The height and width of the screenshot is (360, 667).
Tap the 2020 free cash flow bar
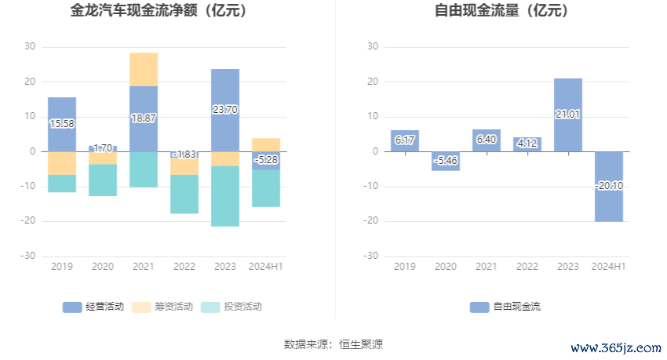coord(445,161)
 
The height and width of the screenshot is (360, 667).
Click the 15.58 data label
coord(62,124)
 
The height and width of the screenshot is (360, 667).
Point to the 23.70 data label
coord(225,110)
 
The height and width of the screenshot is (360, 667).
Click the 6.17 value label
coord(404,140)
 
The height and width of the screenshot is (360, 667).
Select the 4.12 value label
coord(527,143)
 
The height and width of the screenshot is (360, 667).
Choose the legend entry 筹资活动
coord(162,307)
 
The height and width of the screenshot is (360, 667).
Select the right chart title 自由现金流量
coord(501,11)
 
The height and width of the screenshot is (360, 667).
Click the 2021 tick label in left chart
coord(144,267)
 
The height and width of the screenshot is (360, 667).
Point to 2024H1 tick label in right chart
coord(608,267)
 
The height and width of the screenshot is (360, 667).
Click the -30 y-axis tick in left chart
coord(29,256)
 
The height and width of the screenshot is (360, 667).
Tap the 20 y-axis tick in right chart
coord(373,82)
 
